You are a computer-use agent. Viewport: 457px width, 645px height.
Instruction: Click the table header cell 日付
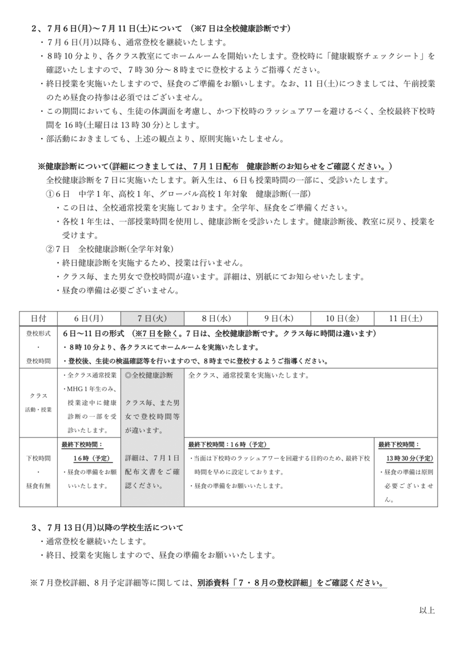[x=39, y=318]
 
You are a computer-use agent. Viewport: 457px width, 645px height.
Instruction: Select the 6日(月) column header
[x=89, y=318]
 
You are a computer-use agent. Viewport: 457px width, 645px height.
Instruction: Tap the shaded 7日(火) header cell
[x=152, y=318]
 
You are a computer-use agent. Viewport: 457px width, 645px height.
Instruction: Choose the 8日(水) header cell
[x=215, y=318]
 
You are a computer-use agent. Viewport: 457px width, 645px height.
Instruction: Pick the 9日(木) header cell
[x=278, y=318]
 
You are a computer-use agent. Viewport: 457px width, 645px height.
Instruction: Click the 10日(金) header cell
[x=342, y=318]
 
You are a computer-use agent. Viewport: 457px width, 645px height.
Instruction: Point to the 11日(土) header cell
[x=406, y=318]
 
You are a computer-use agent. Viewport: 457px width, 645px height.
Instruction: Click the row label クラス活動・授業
[x=39, y=402]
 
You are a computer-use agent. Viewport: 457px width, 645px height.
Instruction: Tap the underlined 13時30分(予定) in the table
[x=409, y=458]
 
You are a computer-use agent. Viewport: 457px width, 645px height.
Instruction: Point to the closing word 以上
[x=427, y=610]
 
